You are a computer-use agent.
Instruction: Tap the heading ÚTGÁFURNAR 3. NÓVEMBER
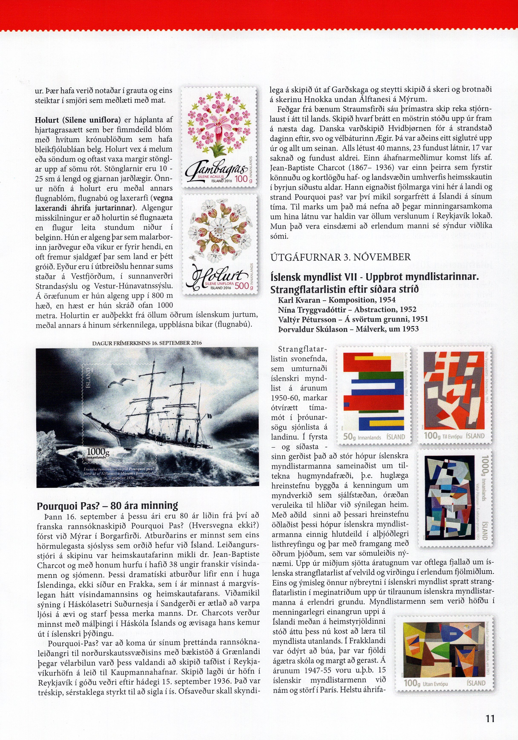tap(340, 257)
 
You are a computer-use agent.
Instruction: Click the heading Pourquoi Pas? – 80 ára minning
tap(108, 506)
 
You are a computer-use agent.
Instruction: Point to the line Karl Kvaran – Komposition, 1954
tap(337, 300)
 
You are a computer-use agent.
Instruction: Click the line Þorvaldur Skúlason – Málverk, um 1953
tap(348, 329)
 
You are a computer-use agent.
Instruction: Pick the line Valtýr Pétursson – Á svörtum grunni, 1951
tap(353, 319)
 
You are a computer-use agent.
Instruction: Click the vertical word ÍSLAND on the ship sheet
tap(89, 379)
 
